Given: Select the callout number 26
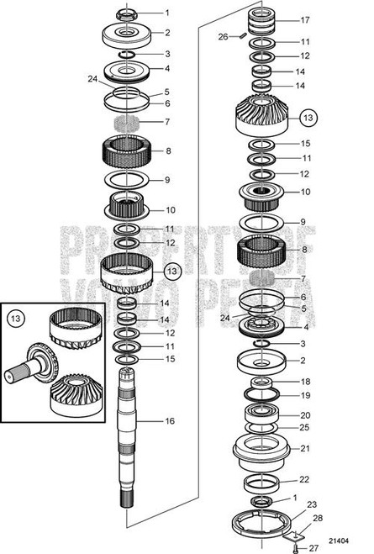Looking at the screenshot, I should [x=223, y=36].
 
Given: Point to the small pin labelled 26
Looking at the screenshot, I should [x=240, y=36].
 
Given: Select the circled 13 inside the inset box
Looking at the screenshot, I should [x=16, y=319].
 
